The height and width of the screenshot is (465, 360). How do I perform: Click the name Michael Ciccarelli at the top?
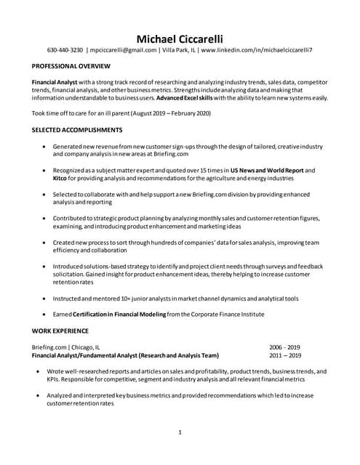(x=180, y=38)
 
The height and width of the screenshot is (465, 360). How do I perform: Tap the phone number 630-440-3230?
(x=65, y=51)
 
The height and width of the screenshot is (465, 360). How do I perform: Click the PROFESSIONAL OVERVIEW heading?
(x=70, y=65)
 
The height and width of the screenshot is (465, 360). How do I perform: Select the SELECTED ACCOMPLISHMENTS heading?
(x=77, y=129)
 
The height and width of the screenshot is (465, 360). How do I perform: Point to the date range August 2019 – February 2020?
(x=172, y=113)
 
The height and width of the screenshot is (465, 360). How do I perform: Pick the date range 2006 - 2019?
(x=284, y=347)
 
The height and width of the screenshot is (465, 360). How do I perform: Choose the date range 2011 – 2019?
(x=284, y=355)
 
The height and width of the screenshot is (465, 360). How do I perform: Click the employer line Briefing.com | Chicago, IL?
(x=66, y=347)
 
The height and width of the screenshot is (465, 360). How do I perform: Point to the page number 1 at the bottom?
(x=180, y=433)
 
